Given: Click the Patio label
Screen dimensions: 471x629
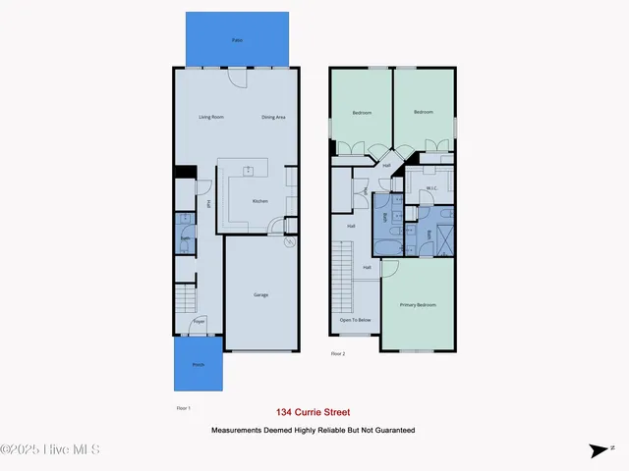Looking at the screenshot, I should [x=237, y=40].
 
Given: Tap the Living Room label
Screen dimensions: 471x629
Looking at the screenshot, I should [x=211, y=117].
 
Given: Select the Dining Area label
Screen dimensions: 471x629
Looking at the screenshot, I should [x=273, y=117].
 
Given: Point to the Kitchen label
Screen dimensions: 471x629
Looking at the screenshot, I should [x=260, y=201].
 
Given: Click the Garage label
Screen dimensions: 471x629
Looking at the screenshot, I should [x=260, y=294].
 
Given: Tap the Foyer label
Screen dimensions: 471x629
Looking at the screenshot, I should [x=199, y=322].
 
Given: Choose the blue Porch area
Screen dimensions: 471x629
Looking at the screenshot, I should [x=198, y=364].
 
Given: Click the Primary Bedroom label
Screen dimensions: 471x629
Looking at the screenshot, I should [x=418, y=305].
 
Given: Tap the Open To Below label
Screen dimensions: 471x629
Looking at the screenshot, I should [x=355, y=320].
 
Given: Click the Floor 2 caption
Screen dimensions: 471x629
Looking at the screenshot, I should [x=338, y=353].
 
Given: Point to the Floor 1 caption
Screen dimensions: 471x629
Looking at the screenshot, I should [x=183, y=406].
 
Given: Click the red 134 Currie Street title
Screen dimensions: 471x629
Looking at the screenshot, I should [x=314, y=413].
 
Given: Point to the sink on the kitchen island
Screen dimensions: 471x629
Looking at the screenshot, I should [x=249, y=171].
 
